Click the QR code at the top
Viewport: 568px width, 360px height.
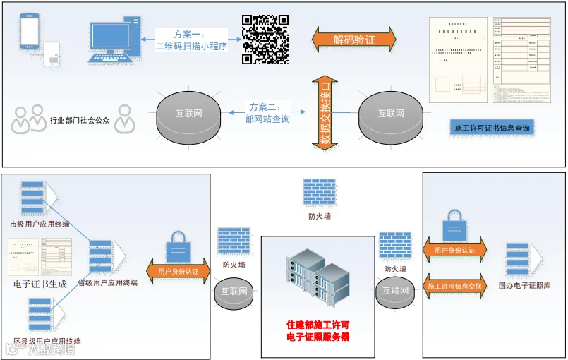pos(265,39)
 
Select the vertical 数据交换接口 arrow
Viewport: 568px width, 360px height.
pos(325,114)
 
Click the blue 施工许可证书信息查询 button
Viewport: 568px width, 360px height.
pos(492,128)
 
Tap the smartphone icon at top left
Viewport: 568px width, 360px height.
pos(30,32)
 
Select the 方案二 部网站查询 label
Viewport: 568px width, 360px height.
pos(267,113)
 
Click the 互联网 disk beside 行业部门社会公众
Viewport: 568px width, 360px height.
pos(188,114)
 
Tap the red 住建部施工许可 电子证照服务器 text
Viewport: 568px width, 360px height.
pos(318,331)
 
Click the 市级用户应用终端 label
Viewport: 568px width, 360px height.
pos(39,224)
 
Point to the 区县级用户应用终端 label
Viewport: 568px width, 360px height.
pos(42,341)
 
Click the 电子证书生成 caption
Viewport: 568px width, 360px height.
pos(40,284)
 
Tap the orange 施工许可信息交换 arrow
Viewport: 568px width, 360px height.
pos(454,286)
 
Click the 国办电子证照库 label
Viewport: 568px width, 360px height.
pos(524,286)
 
